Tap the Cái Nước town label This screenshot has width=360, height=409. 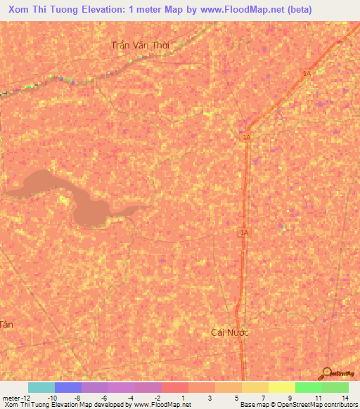(230, 332)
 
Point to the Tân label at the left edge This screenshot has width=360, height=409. (6, 324)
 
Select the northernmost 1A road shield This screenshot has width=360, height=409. (307, 73)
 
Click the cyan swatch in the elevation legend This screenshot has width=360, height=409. (41, 387)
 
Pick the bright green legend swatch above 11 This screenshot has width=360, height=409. (309, 387)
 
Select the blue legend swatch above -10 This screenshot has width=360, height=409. (68, 387)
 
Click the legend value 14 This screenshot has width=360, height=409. (345, 397)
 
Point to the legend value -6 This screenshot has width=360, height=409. (104, 397)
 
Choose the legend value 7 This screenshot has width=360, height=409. (263, 397)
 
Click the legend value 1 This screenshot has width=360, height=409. (183, 397)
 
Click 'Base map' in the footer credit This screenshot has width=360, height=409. (252, 405)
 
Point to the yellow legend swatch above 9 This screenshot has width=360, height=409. (282, 387)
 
